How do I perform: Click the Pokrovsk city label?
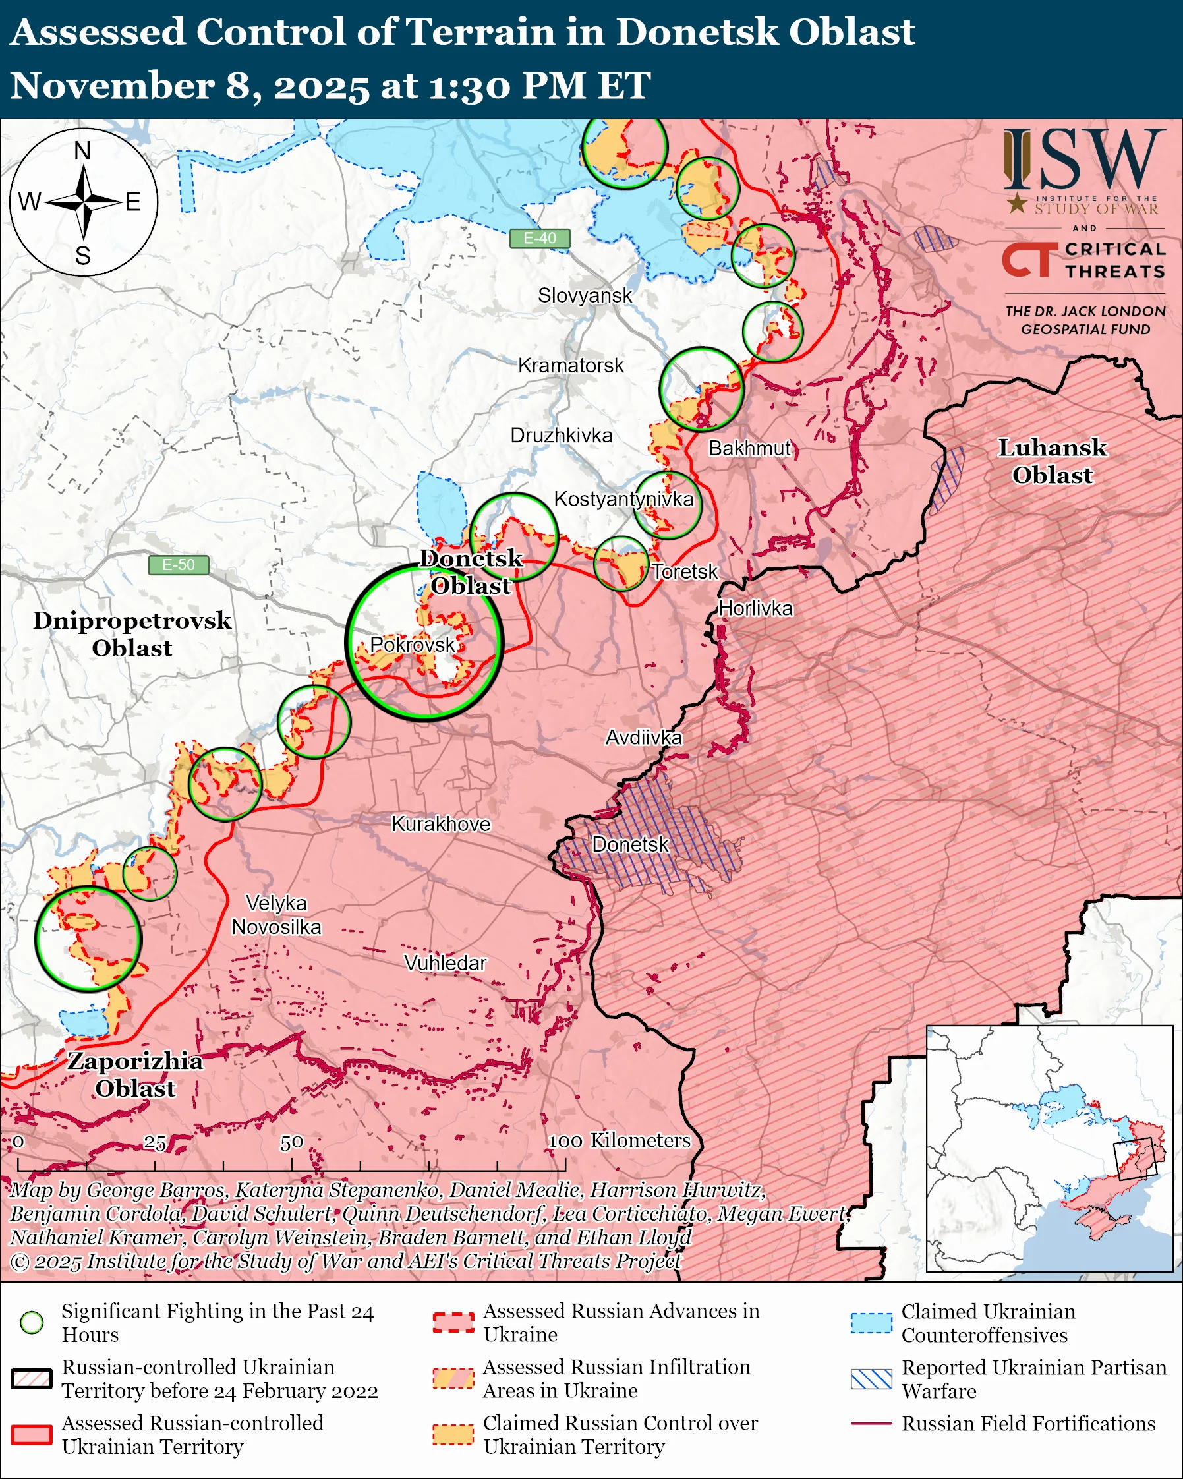click(x=412, y=644)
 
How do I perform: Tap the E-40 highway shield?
click(x=540, y=238)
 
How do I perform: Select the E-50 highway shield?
click(x=179, y=565)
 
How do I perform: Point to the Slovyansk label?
click(x=585, y=296)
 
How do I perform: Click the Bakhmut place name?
click(x=749, y=448)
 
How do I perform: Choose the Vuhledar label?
click(x=445, y=963)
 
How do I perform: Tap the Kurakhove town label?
click(x=441, y=824)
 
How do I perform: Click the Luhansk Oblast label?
click(x=1051, y=461)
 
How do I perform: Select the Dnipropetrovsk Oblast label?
click(x=132, y=634)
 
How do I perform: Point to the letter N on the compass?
click(x=82, y=151)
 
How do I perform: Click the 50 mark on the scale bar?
click(x=291, y=1142)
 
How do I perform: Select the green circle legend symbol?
click(x=32, y=1322)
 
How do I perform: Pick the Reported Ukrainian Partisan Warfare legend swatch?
click(x=871, y=1379)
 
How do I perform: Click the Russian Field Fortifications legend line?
click(x=871, y=1424)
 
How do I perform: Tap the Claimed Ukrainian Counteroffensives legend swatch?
click(x=871, y=1323)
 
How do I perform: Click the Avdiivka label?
click(x=643, y=738)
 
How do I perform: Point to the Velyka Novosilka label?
click(x=276, y=915)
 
